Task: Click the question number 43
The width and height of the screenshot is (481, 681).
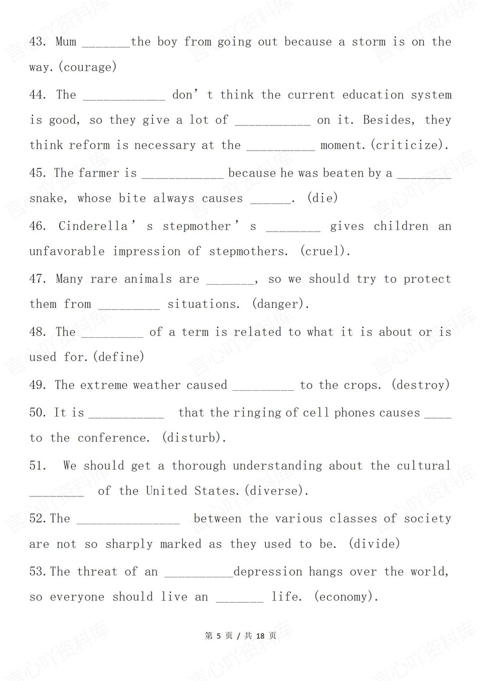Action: [37, 42]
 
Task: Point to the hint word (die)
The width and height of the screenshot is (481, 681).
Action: [322, 198]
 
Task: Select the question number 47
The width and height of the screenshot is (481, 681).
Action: [37, 279]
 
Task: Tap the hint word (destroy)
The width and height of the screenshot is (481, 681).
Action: [420, 385]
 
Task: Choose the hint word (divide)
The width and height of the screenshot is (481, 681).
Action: [374, 544]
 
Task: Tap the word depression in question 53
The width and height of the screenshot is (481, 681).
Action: [267, 572]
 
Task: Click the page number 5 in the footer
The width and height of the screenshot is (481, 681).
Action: [219, 636]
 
